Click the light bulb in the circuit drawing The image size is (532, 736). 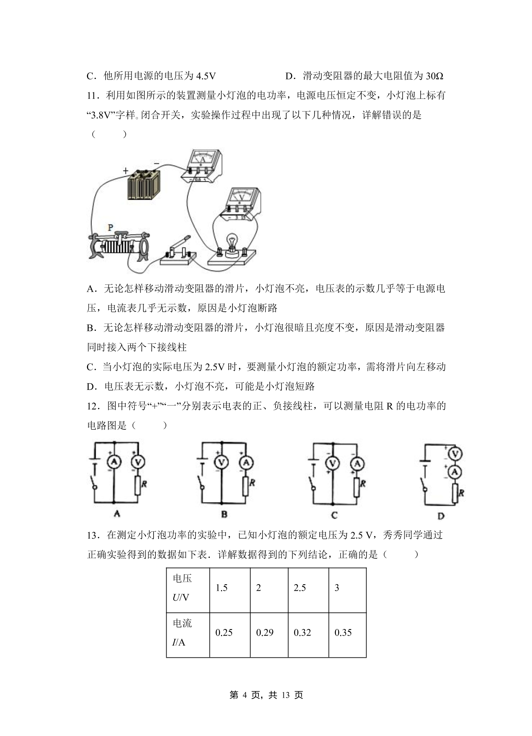(x=232, y=243)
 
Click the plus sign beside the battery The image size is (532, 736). (x=126, y=171)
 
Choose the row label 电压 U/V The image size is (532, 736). (x=182, y=588)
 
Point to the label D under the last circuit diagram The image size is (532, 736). (x=441, y=516)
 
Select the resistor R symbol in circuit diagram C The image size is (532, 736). (x=357, y=487)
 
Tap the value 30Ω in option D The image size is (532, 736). (x=434, y=76)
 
